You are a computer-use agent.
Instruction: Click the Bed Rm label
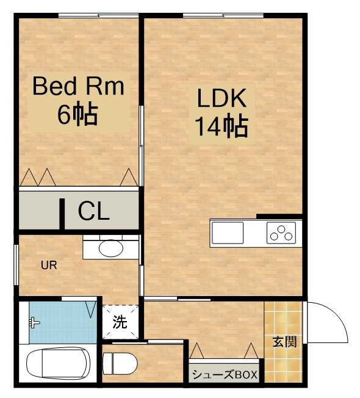(x=78, y=86)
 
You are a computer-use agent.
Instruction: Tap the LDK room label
(x=221, y=98)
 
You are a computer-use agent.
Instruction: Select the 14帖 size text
(x=221, y=126)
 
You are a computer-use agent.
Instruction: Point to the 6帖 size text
(x=77, y=115)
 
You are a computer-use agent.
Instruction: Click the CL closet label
(x=93, y=211)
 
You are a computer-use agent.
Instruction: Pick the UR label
(x=49, y=266)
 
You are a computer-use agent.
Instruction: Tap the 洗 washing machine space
(x=120, y=322)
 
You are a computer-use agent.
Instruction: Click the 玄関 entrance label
(x=284, y=342)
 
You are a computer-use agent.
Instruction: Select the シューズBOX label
(x=225, y=374)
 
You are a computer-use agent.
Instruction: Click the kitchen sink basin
(x=228, y=233)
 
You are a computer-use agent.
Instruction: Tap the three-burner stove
(x=281, y=233)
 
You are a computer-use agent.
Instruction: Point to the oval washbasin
(x=111, y=248)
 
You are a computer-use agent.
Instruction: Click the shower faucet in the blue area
(x=34, y=323)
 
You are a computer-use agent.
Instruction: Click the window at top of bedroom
(x=98, y=15)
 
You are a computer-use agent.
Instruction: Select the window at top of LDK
(x=223, y=15)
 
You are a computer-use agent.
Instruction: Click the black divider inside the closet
(x=62, y=214)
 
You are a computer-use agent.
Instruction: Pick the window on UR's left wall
(x=16, y=265)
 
